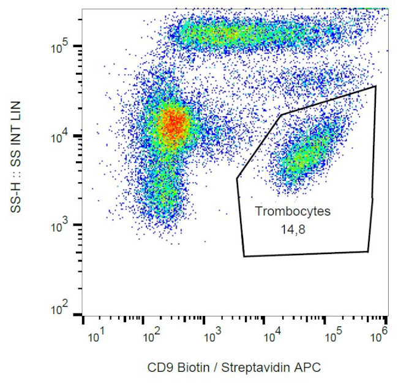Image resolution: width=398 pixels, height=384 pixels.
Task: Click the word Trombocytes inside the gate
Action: (x=293, y=212)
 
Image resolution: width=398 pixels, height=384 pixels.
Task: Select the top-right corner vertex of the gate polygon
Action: (x=375, y=86)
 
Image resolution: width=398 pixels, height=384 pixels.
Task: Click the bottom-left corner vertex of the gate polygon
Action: (x=244, y=256)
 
